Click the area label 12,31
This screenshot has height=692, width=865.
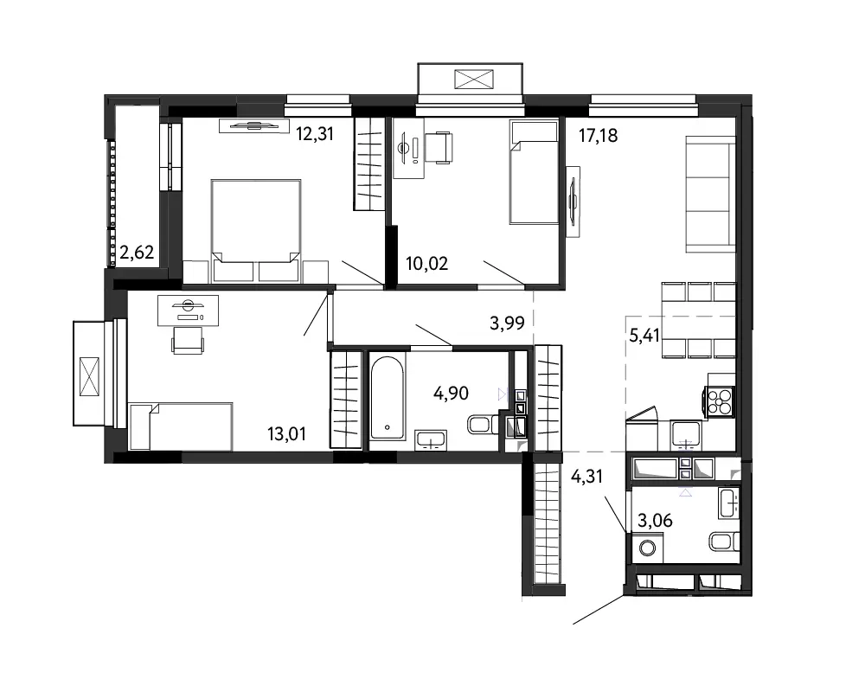(x=315, y=134)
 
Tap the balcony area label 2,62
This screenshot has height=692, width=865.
(x=137, y=253)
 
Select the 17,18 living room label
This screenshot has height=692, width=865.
(x=598, y=135)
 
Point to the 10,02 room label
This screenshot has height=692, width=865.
(x=427, y=263)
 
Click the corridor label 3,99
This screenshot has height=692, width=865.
(x=507, y=323)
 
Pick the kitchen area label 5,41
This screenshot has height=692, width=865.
(x=644, y=335)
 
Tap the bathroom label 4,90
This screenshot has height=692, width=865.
(x=451, y=393)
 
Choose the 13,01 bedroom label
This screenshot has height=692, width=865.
(x=286, y=433)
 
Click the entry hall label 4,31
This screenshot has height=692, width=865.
(x=586, y=476)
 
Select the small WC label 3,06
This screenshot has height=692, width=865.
(x=655, y=520)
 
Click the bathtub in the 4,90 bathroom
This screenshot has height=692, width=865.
(x=387, y=398)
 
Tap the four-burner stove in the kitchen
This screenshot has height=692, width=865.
(x=720, y=401)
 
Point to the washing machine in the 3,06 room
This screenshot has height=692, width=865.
(x=646, y=548)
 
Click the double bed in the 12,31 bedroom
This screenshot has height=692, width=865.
(x=256, y=231)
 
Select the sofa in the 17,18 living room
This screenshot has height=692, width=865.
(x=710, y=195)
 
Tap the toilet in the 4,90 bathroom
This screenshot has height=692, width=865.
(x=482, y=425)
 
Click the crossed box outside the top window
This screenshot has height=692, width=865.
(x=473, y=79)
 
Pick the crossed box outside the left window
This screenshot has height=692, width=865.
(x=89, y=376)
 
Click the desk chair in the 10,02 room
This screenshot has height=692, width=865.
(x=439, y=147)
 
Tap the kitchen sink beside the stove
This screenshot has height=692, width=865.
(x=686, y=434)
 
